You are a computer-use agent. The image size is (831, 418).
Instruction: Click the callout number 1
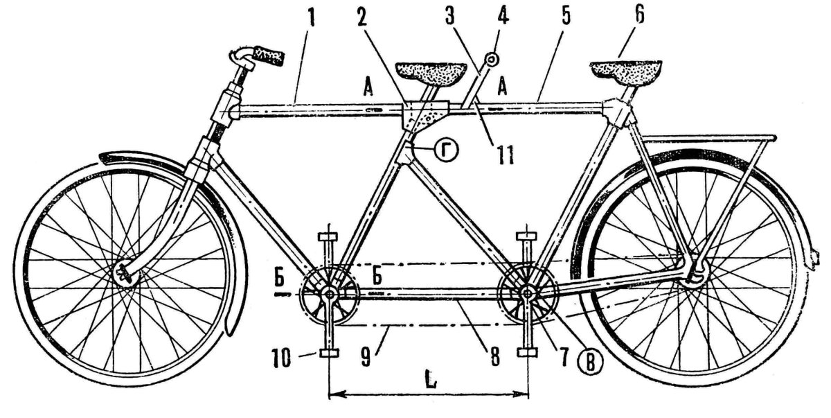coord(311,17)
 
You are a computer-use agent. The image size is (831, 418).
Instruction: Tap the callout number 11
coord(506,155)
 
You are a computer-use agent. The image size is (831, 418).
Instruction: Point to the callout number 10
coord(282,359)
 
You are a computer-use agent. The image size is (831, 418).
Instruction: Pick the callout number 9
coord(366,357)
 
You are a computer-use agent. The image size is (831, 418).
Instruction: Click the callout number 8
coord(495,357)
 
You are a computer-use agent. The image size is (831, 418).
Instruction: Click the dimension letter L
coord(430,378)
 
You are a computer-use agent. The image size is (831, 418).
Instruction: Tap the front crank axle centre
coord(329,295)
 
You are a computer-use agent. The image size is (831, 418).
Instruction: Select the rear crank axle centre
coord(527,294)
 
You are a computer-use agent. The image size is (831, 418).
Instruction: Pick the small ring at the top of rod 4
coord(492,58)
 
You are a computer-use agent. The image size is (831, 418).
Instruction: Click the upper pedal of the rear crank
coord(527,236)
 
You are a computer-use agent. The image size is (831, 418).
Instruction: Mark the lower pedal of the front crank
coord(329,353)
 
